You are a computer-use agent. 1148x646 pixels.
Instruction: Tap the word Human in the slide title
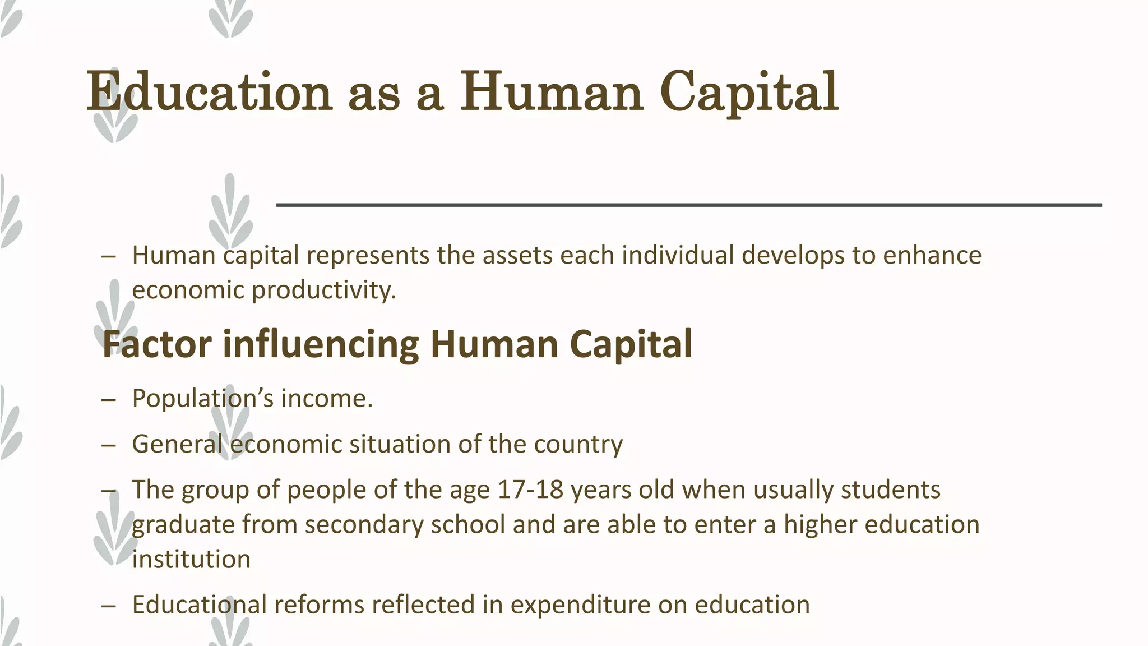[552, 91]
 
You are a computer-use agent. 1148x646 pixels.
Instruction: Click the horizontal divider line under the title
[689, 205]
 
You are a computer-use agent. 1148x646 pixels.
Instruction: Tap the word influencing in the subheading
[321, 345]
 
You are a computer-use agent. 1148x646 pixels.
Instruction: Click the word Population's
[203, 399]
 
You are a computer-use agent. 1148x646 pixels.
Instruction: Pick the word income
[326, 399]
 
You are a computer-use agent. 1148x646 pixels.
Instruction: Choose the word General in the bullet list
[177, 444]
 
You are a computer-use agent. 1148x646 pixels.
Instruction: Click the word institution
[191, 560]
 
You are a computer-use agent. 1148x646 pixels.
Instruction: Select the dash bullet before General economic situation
[109, 445]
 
